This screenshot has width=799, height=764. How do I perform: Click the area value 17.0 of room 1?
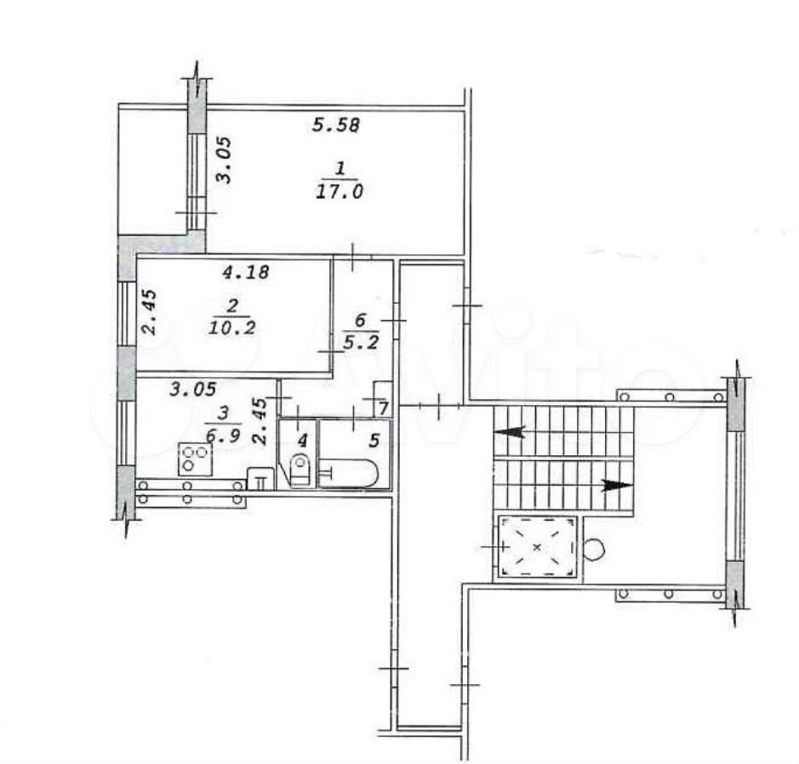tap(340, 191)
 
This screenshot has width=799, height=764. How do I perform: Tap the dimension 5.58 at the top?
tap(336, 125)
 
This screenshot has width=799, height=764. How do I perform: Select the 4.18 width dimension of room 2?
tap(246, 272)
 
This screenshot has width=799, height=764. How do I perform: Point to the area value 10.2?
tap(231, 328)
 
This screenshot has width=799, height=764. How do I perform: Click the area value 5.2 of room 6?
tap(361, 342)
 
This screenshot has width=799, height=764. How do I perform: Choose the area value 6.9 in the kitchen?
tap(223, 436)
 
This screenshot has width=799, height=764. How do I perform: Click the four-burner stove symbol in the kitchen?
tap(195, 459)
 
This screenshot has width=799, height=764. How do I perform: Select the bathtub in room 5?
tap(348, 474)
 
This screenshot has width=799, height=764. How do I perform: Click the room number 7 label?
tap(384, 408)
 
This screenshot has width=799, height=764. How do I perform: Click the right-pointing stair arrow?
tap(617, 486)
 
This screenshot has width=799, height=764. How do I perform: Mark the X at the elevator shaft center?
tap(537, 548)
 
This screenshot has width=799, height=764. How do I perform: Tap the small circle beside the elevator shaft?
tap(594, 550)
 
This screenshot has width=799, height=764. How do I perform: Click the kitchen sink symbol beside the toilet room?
tap(260, 479)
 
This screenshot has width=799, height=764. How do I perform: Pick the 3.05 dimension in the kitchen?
tap(192, 390)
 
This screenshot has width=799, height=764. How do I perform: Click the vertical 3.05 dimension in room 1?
tap(224, 160)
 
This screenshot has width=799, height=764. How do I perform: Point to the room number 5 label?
tap(374, 441)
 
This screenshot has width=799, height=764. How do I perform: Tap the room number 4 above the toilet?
tap(303, 441)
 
